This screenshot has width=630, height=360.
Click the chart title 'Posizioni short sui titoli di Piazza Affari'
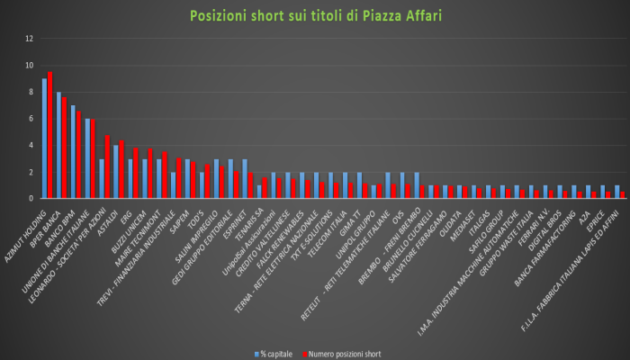tap(315, 16)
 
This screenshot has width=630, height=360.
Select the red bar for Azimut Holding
tap(50, 135)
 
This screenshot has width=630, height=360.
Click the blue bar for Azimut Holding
tap(44, 139)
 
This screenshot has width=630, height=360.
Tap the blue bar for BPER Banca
tap(58, 145)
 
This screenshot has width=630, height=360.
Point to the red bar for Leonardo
tap(108, 166)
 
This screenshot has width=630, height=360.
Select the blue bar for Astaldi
tap(116, 171)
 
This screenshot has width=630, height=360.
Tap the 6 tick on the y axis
tap(31, 119)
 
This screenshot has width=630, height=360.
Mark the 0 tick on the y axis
tap(31, 198)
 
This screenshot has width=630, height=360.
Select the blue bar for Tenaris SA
tap(259, 192)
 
